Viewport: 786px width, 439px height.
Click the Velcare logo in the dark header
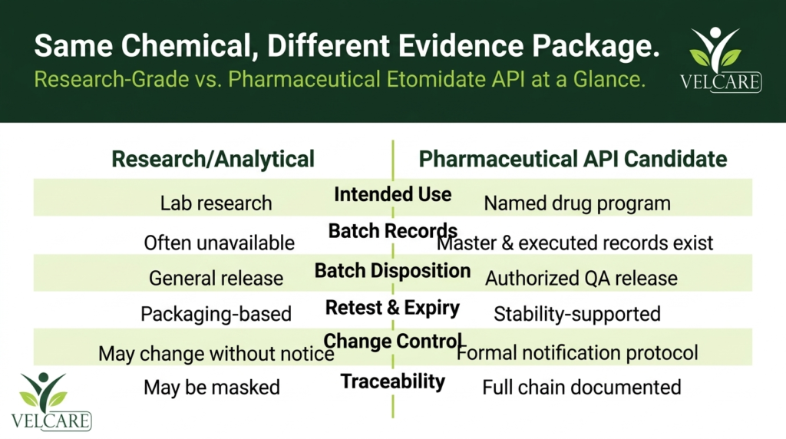click(x=720, y=60)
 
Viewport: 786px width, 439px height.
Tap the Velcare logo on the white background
click(x=51, y=401)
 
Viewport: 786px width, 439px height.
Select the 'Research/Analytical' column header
click(x=213, y=159)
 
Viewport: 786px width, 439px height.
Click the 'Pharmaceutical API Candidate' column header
click(x=573, y=159)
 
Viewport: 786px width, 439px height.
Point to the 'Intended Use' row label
click(x=393, y=194)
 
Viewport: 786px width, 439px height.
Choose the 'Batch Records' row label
click(x=393, y=231)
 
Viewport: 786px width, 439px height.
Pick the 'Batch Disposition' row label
click(x=393, y=271)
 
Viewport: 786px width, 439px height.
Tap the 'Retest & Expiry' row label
click(x=393, y=308)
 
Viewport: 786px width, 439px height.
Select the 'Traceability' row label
click(x=393, y=381)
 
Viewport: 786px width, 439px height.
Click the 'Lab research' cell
click(x=216, y=203)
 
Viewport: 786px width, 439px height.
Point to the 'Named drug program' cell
click(x=577, y=203)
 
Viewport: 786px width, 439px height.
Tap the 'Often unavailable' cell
click(x=219, y=243)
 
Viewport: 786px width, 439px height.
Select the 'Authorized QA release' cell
click(x=582, y=279)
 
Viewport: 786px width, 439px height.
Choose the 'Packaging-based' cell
click(x=216, y=314)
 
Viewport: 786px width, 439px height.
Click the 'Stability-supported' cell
click(x=577, y=314)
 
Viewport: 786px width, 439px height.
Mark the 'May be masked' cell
click(x=212, y=388)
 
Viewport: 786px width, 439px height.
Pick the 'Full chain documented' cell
click(x=582, y=388)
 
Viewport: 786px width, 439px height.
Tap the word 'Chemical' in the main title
click(x=186, y=45)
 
